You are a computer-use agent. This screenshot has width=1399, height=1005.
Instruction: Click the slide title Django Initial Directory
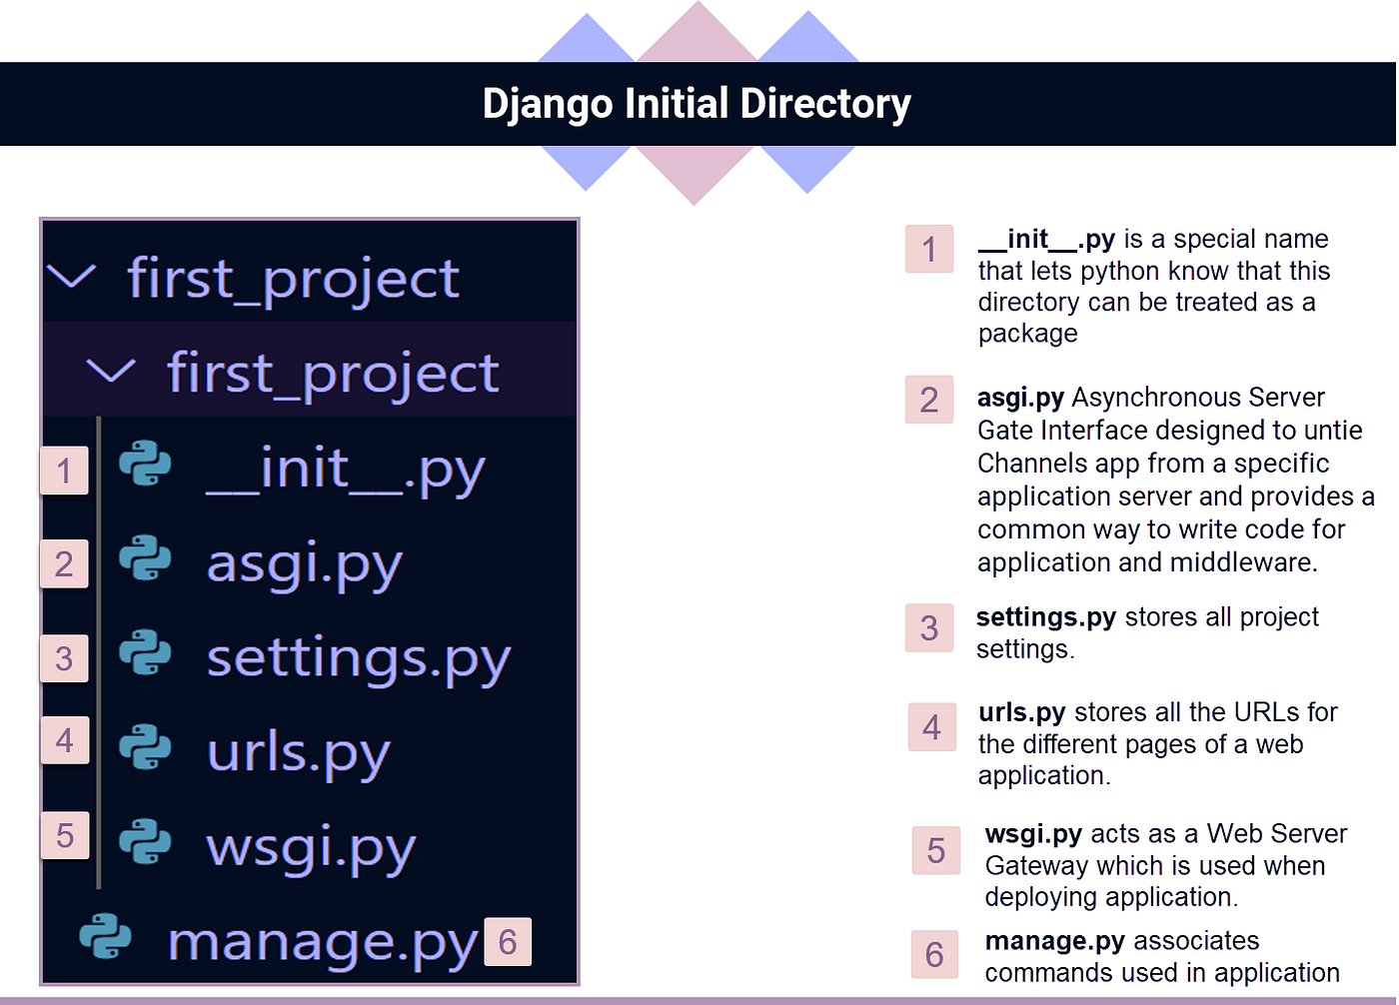pos(697,104)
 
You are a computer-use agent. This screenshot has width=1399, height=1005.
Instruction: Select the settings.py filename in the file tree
pos(358,659)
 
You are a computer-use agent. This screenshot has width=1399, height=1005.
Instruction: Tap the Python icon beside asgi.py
pos(145,559)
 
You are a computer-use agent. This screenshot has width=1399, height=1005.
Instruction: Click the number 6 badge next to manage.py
pos(508,942)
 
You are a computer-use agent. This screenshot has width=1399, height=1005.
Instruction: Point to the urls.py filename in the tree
pos(298,753)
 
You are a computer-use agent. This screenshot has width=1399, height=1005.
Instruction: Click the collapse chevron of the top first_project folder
pos(72,276)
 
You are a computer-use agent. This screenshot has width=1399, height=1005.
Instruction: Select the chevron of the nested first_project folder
pos(111,371)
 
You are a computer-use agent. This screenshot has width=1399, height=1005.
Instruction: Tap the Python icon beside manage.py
pos(105,937)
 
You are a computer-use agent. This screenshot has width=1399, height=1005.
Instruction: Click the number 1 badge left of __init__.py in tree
pos(64,471)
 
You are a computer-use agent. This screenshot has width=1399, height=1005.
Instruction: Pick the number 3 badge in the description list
pos(929,628)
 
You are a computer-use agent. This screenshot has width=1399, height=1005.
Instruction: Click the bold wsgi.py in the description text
pos(1033,834)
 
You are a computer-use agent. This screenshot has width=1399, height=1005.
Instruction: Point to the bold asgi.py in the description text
pos(1020,398)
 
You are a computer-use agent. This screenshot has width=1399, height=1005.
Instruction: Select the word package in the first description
pos(1027,334)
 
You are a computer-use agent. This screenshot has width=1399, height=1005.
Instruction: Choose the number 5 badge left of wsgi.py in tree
pos(65,835)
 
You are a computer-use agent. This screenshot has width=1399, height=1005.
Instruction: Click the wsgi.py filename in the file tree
pos(310,848)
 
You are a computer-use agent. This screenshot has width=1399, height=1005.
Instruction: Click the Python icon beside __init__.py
pos(145,466)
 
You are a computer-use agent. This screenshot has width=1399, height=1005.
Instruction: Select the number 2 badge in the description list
pos(929,400)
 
